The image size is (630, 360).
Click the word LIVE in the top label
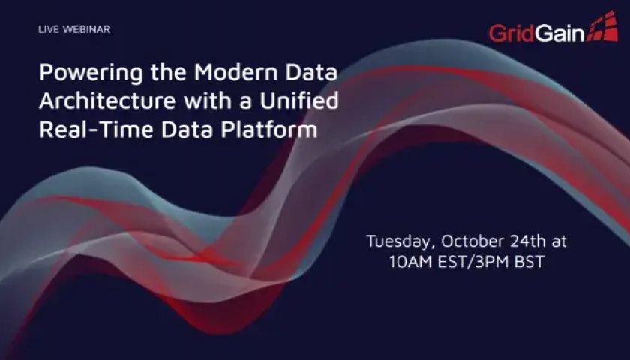coord(49,29)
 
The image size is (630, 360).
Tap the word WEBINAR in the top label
coord(86,29)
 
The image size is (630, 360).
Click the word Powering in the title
coord(91,73)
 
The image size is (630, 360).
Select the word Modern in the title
coord(236,72)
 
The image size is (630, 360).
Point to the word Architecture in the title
coord(107,100)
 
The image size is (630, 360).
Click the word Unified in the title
coord(299,100)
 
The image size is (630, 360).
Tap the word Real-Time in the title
coord(96,129)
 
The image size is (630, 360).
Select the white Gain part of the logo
coord(559,33)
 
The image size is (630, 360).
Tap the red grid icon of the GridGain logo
coord(602,26)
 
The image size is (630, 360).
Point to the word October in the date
coord(472,241)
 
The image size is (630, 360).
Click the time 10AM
coord(411,262)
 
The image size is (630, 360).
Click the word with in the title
coord(208,100)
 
